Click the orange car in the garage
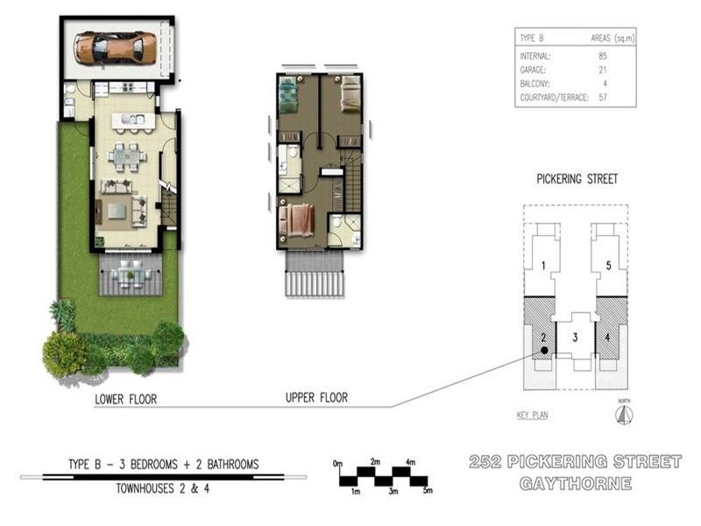115,47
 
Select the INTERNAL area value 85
604,56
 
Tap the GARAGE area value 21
604,69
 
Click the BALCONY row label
535,83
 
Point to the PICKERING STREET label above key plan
577,179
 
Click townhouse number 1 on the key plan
544,266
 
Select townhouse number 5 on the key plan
606,266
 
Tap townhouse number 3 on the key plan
575,336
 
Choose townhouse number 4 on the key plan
606,336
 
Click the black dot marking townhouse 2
544,350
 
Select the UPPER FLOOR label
316,398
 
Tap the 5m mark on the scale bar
427,490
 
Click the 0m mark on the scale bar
338,462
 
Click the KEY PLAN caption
533,416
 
